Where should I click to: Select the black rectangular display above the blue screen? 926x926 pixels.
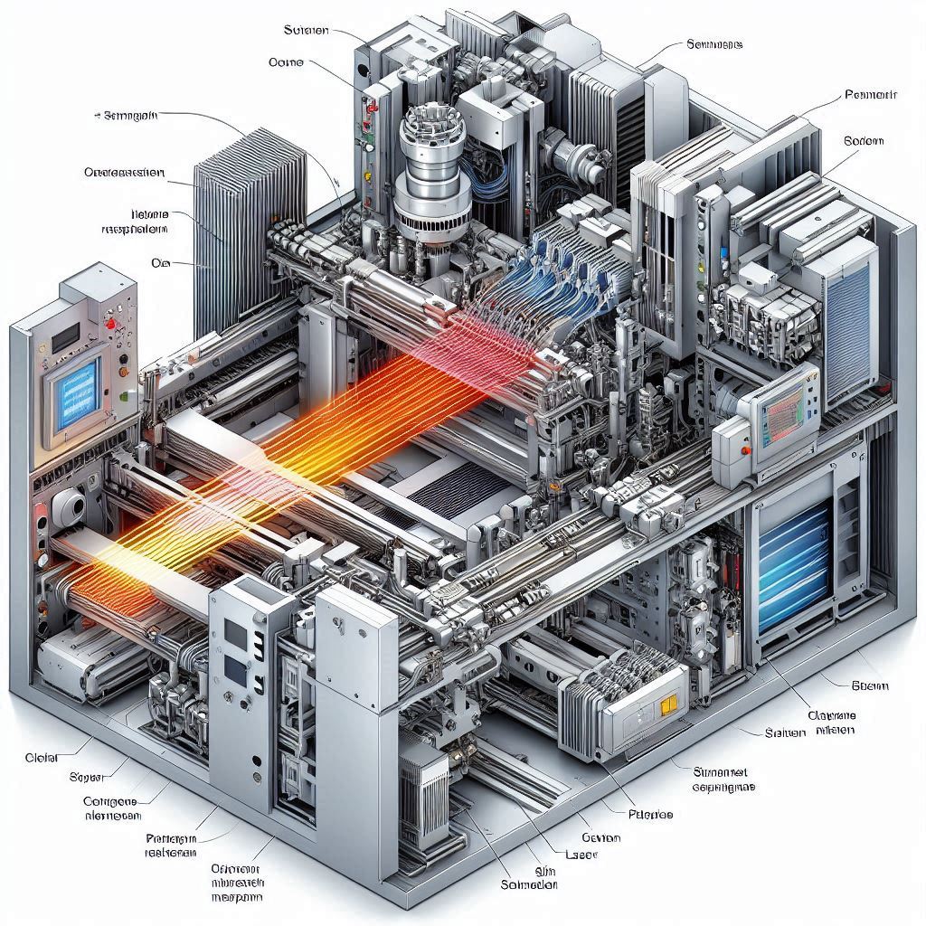click(64, 339)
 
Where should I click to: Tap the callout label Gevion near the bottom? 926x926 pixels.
click(600, 837)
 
